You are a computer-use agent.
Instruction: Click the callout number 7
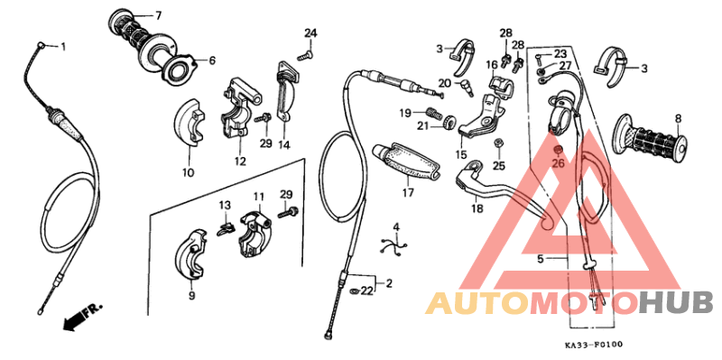(x=158, y=15)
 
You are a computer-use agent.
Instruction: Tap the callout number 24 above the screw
(x=310, y=34)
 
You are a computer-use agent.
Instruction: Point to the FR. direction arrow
(x=79, y=317)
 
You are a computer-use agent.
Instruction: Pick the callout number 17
(x=408, y=192)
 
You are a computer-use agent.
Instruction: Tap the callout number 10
(x=188, y=172)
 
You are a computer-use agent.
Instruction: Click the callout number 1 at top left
(x=63, y=46)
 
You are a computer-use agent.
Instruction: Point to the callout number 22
(x=367, y=291)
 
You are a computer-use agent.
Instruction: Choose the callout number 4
(x=395, y=226)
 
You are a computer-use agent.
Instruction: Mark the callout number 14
(x=283, y=144)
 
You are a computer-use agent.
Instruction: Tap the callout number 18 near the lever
(x=477, y=208)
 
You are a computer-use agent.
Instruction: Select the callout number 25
(x=499, y=165)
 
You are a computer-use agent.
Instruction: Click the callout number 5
(x=540, y=258)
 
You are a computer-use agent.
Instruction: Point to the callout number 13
(x=225, y=205)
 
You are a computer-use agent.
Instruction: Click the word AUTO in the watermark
(x=475, y=303)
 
